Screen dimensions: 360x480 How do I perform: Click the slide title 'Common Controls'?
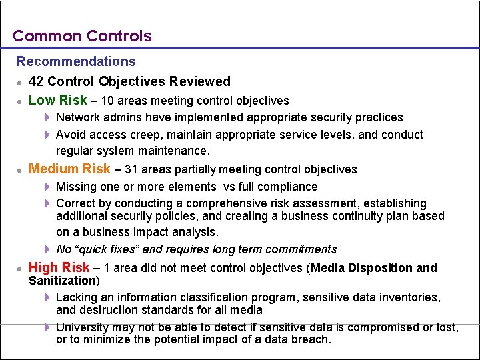coord(82,36)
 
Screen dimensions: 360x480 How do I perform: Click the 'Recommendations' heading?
coord(76,61)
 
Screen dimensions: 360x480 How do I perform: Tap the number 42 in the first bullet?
coord(37,81)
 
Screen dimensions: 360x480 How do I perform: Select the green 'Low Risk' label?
coord(58,100)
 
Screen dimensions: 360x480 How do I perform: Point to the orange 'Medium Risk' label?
coord(70,169)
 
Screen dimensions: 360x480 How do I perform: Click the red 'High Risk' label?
coord(59,267)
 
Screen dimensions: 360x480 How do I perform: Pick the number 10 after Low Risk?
coord(108,101)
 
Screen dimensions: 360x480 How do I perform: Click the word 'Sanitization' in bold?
coord(62,281)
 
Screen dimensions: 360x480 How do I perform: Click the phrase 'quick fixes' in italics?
coord(108,249)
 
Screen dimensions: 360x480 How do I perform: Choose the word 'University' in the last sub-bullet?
coord(83,327)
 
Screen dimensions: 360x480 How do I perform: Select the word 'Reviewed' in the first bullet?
coord(199,81)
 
